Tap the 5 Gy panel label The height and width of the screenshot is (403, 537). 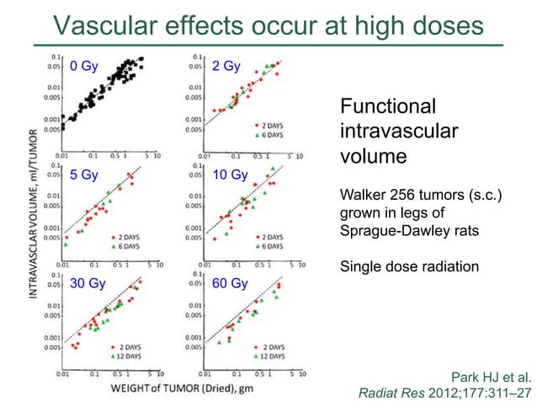pyautogui.click(x=84, y=176)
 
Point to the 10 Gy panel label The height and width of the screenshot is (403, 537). pyautogui.click(x=230, y=176)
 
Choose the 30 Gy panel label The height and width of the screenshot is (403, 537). pyautogui.click(x=88, y=284)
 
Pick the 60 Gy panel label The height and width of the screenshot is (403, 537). pyautogui.click(x=230, y=284)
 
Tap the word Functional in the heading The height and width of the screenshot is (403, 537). pyautogui.click(x=387, y=107)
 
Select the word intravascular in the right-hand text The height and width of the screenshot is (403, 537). pyautogui.click(x=398, y=132)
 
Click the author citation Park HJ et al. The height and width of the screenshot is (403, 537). pyautogui.click(x=492, y=376)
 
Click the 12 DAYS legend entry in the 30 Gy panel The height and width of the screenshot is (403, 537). pyautogui.click(x=130, y=357)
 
